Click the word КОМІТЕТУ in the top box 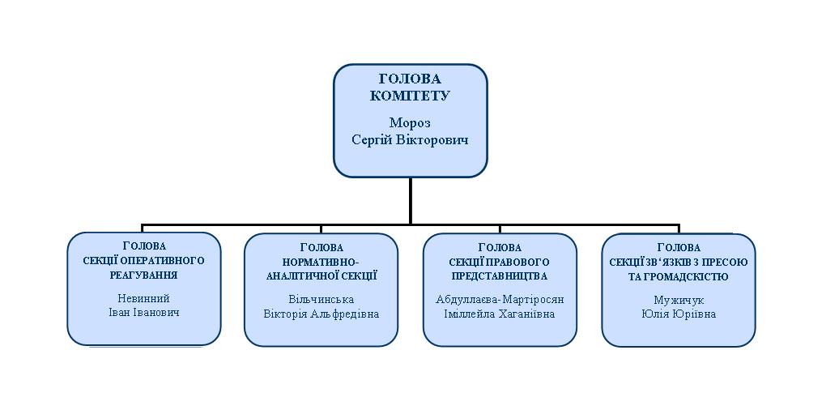tap(410, 96)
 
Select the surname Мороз tap(410, 122)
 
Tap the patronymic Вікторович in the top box tap(437, 140)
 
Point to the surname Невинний tap(143, 299)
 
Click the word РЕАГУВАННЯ tap(143, 275)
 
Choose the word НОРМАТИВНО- tap(322, 263)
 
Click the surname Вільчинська tap(321, 300)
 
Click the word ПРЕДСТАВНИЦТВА tap(500, 276)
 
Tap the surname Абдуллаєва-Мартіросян tap(500, 300)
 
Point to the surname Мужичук tap(679, 300)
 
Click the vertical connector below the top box tap(411, 201)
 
